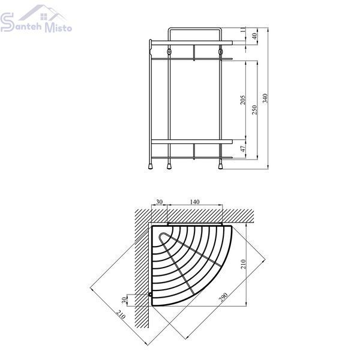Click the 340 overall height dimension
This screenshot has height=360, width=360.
265,98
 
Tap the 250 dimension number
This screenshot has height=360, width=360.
254,110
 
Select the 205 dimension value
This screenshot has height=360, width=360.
242,100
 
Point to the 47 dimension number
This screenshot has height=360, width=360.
243,149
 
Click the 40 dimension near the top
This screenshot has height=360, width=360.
254,36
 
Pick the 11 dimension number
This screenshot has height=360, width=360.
243,29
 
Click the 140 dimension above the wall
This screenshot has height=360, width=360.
194,202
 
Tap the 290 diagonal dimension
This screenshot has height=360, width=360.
223,297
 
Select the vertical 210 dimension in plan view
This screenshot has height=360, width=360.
244,264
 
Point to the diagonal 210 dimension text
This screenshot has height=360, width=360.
121,314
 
